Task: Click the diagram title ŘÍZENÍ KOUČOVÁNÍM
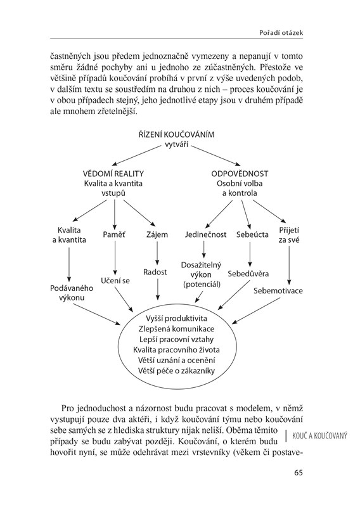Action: pyautogui.click(x=177, y=134)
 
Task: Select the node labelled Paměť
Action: pyautogui.click(x=114, y=234)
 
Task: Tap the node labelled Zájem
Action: pyautogui.click(x=157, y=234)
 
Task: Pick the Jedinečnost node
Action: pyautogui.click(x=206, y=234)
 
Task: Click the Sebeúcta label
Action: pyautogui.click(x=252, y=234)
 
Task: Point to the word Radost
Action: pyautogui.click(x=155, y=272)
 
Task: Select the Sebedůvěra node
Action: pyautogui.click(x=248, y=274)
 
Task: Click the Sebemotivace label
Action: pyautogui.click(x=278, y=290)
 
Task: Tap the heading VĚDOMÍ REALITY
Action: pyautogui.click(x=113, y=174)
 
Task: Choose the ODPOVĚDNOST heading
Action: pyautogui.click(x=240, y=174)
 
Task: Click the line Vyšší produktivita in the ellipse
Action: pyautogui.click(x=176, y=319)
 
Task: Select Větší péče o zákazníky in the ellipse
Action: pyautogui.click(x=176, y=371)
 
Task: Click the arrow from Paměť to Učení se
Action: pyautogui.click(x=115, y=258)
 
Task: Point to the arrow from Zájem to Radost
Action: pyautogui.click(x=157, y=253)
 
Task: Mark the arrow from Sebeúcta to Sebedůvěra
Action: pyautogui.click(x=250, y=254)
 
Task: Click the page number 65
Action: pyautogui.click(x=299, y=472)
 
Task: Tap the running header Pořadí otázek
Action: pyautogui.click(x=281, y=33)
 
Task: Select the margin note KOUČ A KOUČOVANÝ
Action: pyautogui.click(x=319, y=436)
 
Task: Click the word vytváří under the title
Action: pyautogui.click(x=177, y=144)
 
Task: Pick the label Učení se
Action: pyautogui.click(x=115, y=281)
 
